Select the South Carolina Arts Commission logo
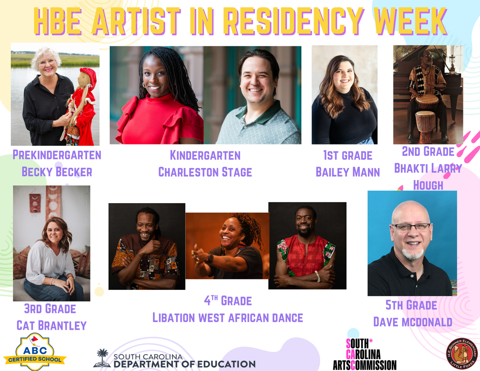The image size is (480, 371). pos(364,354)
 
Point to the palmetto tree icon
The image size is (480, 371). pos(102,357)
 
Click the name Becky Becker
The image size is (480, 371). pos(57,172)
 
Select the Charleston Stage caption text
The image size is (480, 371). pos(205,172)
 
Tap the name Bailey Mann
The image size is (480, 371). pos(347,172)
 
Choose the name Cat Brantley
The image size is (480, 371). pos(52,326)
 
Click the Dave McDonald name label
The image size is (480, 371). pos(412,322)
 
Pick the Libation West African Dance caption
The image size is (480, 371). pos(227,318)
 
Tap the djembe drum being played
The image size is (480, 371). pos(427,101)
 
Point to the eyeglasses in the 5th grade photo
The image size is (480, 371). pos(411,227)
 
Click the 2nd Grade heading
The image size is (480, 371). pos(428,151)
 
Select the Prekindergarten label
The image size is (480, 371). pos(57,155)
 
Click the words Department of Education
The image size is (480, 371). pos(184,364)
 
